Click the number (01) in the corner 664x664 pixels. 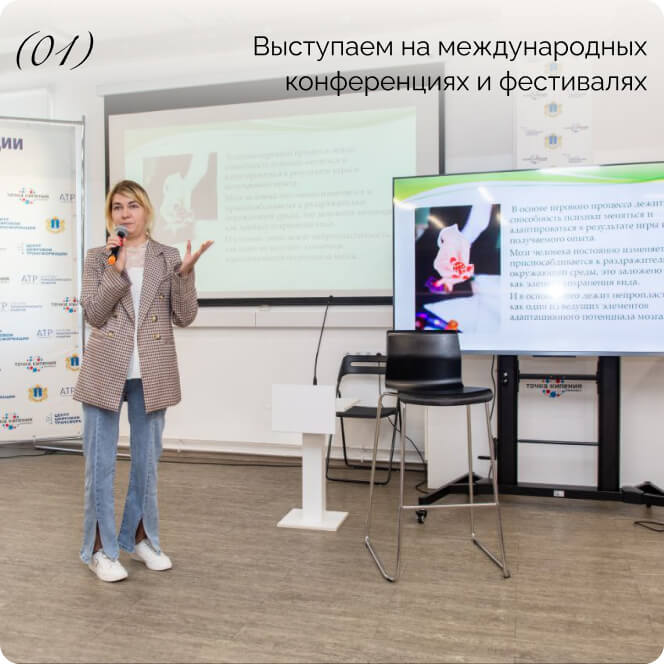(x=55, y=49)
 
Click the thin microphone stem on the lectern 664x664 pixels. (x=320, y=340)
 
